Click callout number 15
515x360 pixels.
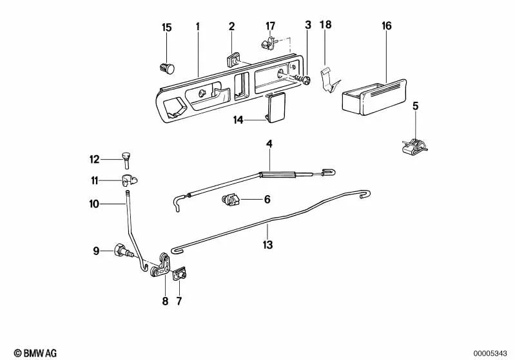167,27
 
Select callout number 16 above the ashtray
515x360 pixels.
386,26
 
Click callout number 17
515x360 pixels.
270,26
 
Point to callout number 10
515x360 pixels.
95,204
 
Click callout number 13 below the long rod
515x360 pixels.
267,245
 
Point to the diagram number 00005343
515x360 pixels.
491,352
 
